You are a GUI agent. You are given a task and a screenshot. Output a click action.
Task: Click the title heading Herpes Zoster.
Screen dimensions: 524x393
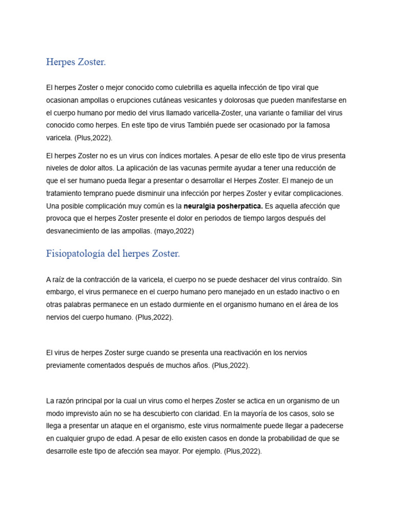point(76,62)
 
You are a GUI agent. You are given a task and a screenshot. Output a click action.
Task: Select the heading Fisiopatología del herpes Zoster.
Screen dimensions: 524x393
point(113,254)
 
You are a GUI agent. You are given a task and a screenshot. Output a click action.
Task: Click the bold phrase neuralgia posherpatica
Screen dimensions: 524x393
point(223,206)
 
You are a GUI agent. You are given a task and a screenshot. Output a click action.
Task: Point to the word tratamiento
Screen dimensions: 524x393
point(67,193)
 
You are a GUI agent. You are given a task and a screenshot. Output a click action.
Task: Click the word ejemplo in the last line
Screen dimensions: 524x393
point(206,451)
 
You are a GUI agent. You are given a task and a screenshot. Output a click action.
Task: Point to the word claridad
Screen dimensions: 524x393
point(203,413)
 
